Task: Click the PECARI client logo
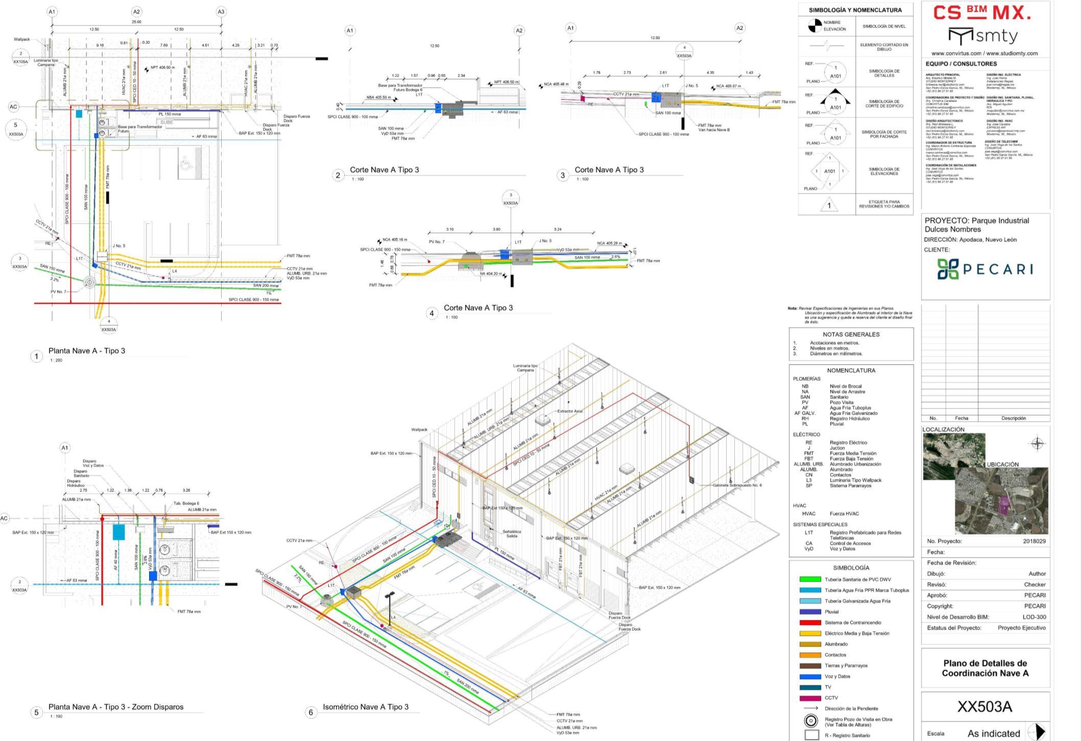[984, 269]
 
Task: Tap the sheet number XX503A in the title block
[984, 707]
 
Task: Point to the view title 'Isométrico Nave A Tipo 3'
[366, 707]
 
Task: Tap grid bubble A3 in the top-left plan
[221, 12]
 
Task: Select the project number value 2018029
[1034, 541]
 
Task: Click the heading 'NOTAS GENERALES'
[851, 334]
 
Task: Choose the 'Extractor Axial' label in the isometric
[570, 411]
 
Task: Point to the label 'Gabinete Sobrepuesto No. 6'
[737, 485]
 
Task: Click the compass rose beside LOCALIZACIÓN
[1037, 444]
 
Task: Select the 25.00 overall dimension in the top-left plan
[136, 22]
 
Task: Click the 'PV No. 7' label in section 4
[437, 242]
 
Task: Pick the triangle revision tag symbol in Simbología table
[829, 205]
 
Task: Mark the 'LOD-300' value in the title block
[1034, 617]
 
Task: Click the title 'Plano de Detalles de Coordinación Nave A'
[984, 668]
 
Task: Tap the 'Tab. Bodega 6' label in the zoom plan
[186, 504]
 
